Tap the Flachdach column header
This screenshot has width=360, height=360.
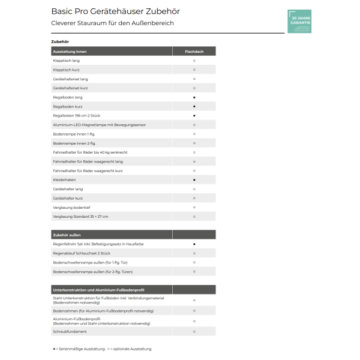click(x=194, y=52)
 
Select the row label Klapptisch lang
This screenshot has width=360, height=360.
click(x=66, y=61)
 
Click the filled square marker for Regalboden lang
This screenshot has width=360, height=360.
click(x=194, y=97)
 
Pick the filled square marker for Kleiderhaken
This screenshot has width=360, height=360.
click(x=194, y=179)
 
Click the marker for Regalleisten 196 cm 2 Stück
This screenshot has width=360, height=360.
click(x=194, y=115)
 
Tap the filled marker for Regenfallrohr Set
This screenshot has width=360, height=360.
click(x=194, y=244)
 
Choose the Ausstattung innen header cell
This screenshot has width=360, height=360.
click(x=70, y=52)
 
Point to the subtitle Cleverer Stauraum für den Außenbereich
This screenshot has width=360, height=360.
click(x=113, y=23)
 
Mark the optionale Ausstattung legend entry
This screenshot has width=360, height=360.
click(x=131, y=349)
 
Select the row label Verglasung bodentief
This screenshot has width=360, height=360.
click(x=70, y=207)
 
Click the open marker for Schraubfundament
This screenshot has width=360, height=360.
click(x=194, y=331)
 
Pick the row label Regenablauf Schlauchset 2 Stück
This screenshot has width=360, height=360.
click(x=82, y=253)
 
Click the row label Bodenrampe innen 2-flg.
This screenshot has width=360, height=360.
click(x=74, y=143)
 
